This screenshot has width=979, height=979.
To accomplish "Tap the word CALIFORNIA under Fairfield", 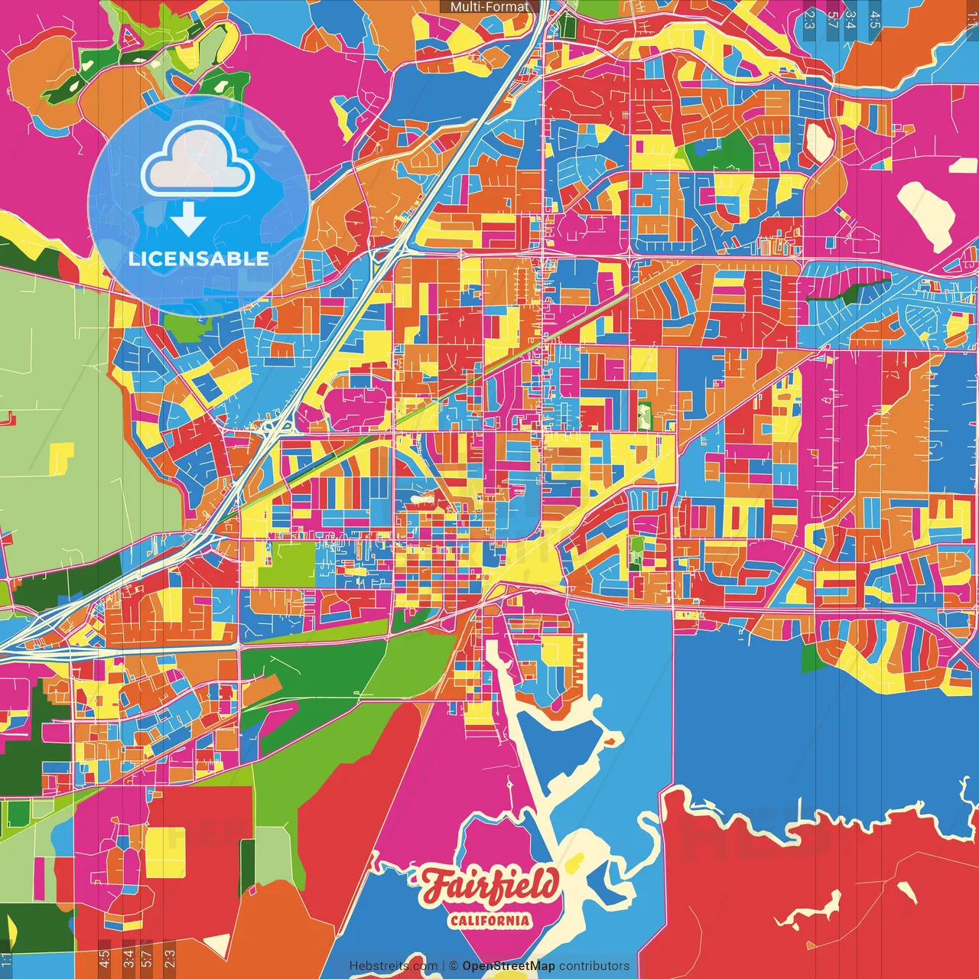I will click(489, 920).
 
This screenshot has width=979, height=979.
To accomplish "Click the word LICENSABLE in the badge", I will click(198, 259).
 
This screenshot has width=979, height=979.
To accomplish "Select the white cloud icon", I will click(198, 158).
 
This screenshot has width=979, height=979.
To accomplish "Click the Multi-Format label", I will click(489, 7).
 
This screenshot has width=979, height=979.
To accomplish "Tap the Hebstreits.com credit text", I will click(393, 966).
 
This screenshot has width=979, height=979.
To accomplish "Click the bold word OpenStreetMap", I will click(509, 966).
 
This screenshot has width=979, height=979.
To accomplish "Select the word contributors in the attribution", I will click(594, 966).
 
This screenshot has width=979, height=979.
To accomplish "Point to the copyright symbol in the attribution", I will click(453, 966).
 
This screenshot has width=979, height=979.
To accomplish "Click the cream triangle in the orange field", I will click(216, 945).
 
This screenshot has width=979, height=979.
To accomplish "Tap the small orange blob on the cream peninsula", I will click(613, 740).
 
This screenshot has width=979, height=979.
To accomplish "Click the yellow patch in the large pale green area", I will click(61, 457).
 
